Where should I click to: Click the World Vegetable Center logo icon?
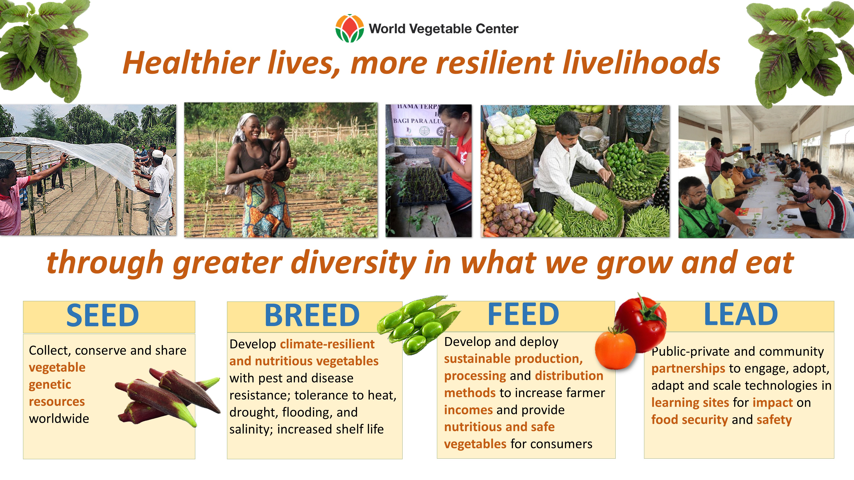(x=350, y=28)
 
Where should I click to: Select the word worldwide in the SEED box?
(x=59, y=419)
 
